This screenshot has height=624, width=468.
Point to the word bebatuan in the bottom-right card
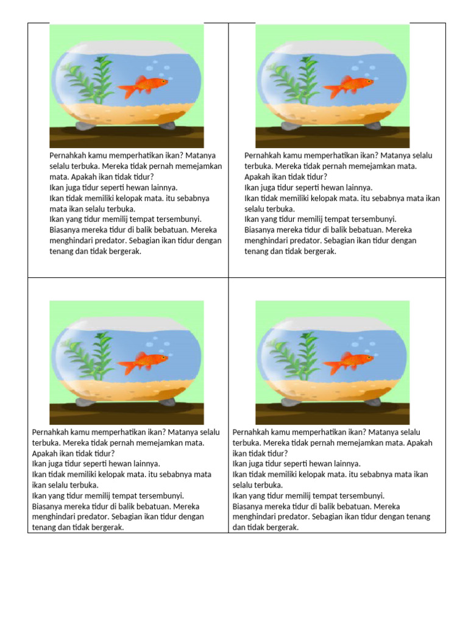[x=350, y=506]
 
